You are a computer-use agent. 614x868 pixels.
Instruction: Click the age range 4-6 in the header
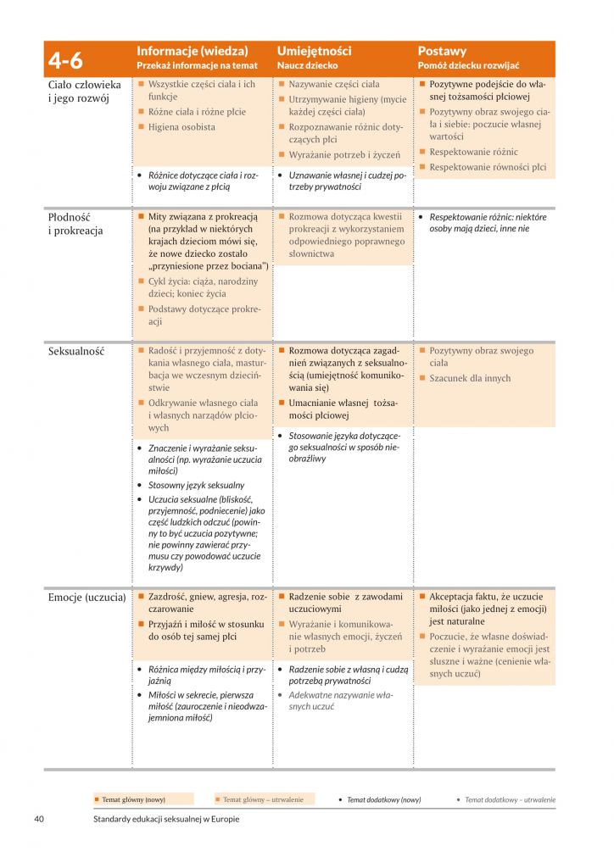pos(65,58)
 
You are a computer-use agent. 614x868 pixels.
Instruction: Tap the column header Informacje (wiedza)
pos(192,51)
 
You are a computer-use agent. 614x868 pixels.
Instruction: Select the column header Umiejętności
pos(314,51)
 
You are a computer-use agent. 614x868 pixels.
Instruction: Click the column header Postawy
pos(442,51)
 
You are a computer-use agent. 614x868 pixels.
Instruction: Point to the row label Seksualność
pos(76,351)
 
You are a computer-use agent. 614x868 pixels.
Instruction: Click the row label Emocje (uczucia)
pos(87,598)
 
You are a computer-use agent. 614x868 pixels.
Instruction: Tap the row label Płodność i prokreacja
pos(75,224)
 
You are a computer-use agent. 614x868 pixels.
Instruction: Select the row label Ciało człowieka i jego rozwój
pos(84,92)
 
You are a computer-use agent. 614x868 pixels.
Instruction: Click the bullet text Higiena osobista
pos(181,127)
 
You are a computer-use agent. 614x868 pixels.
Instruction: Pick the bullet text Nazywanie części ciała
pos(333,85)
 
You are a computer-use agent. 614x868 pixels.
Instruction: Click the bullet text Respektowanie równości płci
pos(488,167)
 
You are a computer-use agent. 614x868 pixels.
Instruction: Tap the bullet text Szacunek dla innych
pos(470,378)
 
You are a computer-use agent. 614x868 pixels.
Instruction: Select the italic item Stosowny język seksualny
pos(196,486)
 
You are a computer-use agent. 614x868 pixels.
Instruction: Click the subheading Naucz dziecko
pos(307,65)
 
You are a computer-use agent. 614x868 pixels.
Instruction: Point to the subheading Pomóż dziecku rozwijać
pos(468,65)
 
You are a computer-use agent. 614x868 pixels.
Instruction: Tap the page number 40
pos(39,819)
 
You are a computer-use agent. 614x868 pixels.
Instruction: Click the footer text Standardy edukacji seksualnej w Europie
pos(168,819)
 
